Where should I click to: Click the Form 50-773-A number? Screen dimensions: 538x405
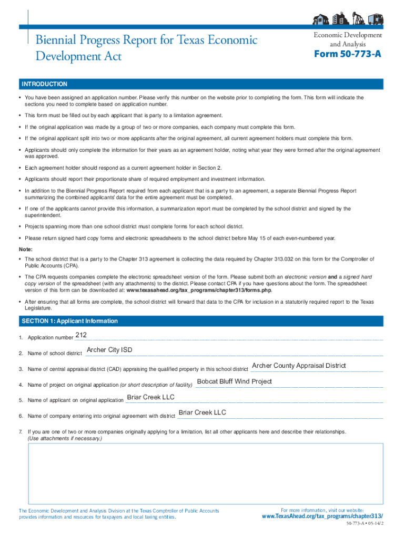348,55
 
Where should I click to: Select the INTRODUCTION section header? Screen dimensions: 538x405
44,84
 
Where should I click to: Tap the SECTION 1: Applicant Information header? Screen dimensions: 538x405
69,321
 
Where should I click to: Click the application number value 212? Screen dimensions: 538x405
81,335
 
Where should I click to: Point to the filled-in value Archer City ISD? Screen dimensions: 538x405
109,350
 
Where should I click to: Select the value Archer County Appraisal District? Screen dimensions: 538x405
299,366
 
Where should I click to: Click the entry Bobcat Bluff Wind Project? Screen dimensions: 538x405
234,381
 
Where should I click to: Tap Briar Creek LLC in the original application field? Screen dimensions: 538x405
150,397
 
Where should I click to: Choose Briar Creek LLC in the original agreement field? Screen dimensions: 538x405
202,412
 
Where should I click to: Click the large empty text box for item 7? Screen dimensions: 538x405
206,473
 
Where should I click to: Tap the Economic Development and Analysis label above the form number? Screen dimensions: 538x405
348,39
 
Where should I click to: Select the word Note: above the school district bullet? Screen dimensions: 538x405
26,249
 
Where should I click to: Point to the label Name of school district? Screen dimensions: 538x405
55,354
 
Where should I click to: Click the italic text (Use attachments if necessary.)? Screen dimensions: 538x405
65,438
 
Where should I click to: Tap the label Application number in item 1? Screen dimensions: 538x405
50,337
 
